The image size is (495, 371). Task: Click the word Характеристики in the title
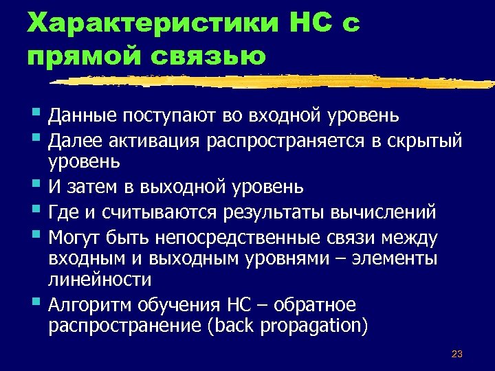pos(146,23)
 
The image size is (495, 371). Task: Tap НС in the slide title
pos(306,23)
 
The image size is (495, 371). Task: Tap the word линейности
pos(100,279)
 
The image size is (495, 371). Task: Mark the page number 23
pos(456,354)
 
